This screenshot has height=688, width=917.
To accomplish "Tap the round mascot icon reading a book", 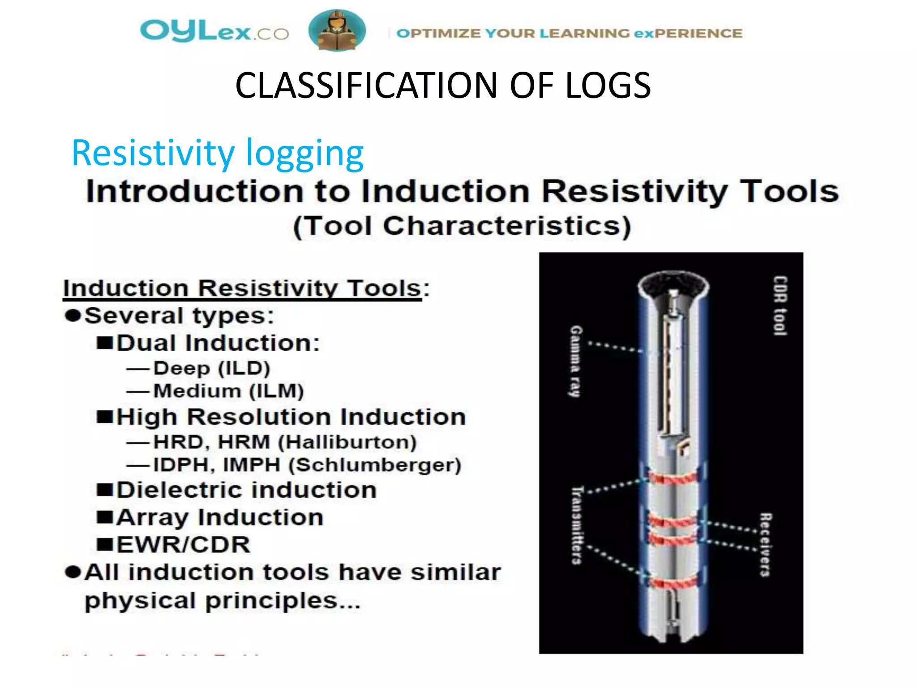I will pyautogui.click(x=337, y=30).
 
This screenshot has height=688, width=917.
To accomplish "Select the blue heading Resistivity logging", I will pyautogui.click(x=218, y=153).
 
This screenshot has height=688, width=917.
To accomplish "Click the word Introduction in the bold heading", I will pyautogui.click(x=194, y=192).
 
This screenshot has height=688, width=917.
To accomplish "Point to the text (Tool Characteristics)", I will pyautogui.click(x=462, y=226).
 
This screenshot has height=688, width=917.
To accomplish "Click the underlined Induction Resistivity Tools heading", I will pyautogui.click(x=242, y=288).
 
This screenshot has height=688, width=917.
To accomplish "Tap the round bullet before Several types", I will pyautogui.click(x=73, y=316).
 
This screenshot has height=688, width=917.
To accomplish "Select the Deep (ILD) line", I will pyautogui.click(x=211, y=368).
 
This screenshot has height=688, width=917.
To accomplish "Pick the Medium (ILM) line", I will pyautogui.click(x=228, y=391).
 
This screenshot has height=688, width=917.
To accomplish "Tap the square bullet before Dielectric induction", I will pyautogui.click(x=105, y=490).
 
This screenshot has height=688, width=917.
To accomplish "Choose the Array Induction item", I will pyautogui.click(x=220, y=518).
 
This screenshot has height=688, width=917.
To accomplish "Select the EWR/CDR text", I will pyautogui.click(x=183, y=545).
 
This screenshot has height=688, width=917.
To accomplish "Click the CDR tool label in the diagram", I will pyautogui.click(x=780, y=305).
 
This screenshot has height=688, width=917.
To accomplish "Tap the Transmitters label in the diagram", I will pyautogui.click(x=577, y=525).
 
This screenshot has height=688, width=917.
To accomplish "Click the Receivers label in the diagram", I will pyautogui.click(x=765, y=544).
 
